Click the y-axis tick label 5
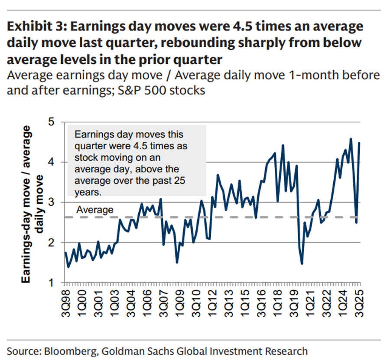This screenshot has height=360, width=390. pyautogui.click(x=52, y=122)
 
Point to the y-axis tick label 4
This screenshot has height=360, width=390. pyautogui.click(x=52, y=162)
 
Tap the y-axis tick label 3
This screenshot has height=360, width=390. pyautogui.click(x=52, y=202)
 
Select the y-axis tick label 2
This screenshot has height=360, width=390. pyautogui.click(x=52, y=242)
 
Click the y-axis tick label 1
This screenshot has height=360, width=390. pyautogui.click(x=52, y=283)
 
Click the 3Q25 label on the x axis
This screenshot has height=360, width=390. pyautogui.click(x=359, y=301)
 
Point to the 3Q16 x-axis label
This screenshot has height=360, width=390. pyautogui.click(x=261, y=301)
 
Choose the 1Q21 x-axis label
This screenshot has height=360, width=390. pyautogui.click(x=310, y=301)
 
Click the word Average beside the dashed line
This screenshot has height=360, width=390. pyautogui.click(x=95, y=210)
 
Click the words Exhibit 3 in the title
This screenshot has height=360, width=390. pyautogui.click(x=32, y=27)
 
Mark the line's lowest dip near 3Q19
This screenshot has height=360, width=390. pyautogui.click(x=302, y=263)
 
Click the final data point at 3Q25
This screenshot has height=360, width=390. pyautogui.click(x=360, y=143)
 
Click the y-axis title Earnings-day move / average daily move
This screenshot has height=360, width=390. pyautogui.click(x=33, y=204)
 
